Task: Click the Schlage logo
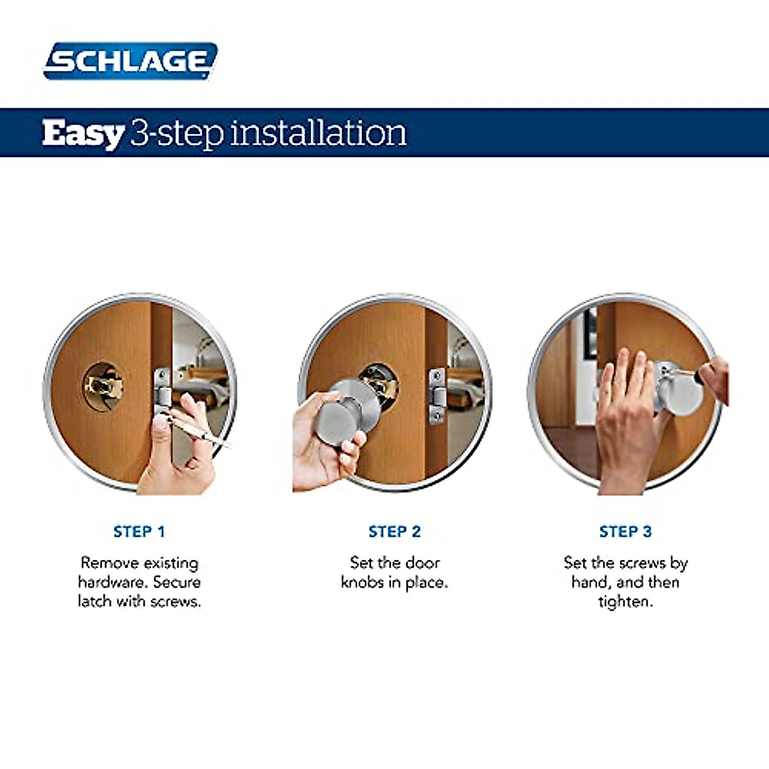tap(130, 62)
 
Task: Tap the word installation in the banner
tap(318, 133)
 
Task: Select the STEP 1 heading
tap(139, 531)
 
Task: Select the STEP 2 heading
tap(394, 531)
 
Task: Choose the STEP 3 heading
tap(625, 531)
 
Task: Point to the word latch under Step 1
tap(94, 601)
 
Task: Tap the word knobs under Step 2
tap(362, 582)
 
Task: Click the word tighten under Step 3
tap(625, 601)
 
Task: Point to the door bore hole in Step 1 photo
tap(103, 386)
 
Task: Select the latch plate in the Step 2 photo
tap(437, 395)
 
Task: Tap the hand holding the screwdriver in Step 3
tap(715, 378)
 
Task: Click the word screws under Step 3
tap(641, 563)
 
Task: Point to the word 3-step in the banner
tap(176, 133)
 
